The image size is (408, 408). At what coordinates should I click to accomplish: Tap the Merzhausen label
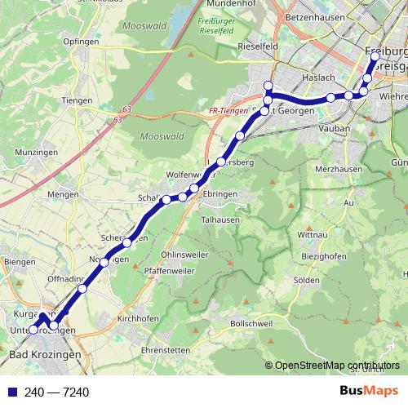coord(337,167)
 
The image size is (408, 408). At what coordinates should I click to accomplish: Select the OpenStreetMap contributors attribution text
coord(335,366)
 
